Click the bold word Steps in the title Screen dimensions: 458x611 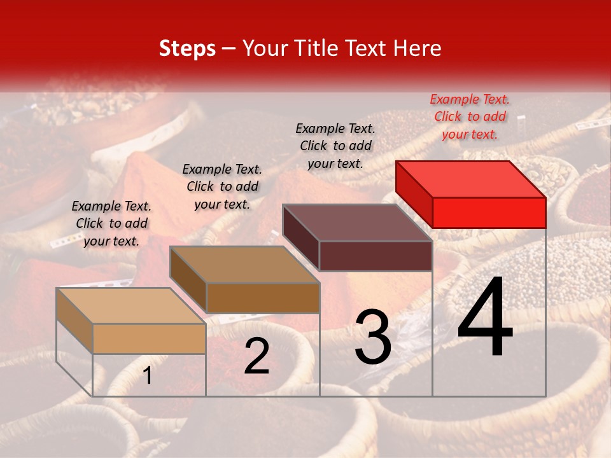coord(187,48)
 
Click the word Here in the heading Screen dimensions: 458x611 coord(418,48)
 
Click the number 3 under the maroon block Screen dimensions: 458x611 coord(373,337)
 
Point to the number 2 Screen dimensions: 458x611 coord(256,357)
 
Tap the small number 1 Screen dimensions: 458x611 coord(148,376)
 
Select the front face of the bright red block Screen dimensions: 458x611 coord(489,212)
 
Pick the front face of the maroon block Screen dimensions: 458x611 coord(376,256)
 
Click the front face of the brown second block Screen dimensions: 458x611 coord(263,298)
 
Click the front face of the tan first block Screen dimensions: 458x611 coord(149,338)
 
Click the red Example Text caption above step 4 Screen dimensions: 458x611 coord(470,116)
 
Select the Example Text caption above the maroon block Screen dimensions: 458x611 coord(335,146)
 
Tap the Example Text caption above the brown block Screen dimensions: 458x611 coord(222,186)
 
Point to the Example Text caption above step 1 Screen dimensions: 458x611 coord(111,223)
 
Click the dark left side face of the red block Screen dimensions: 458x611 coord(414,193)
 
